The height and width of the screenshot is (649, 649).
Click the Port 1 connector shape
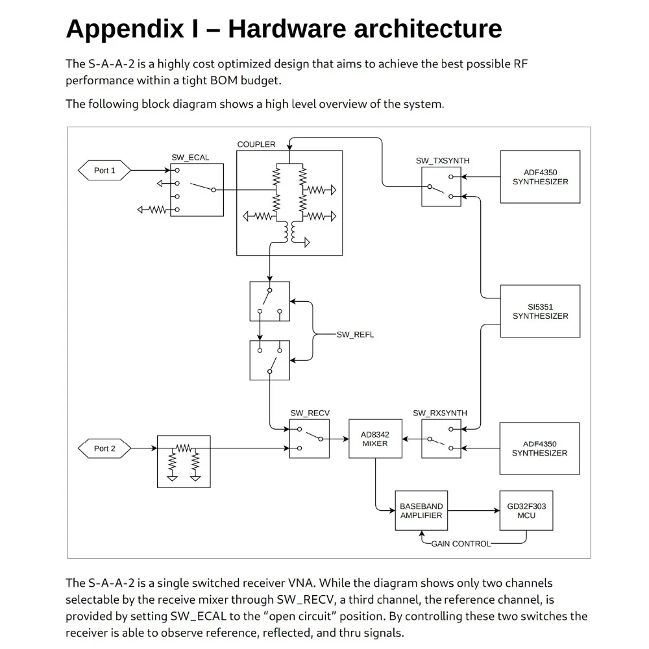click(x=104, y=170)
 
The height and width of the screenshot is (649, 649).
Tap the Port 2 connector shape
click(x=104, y=448)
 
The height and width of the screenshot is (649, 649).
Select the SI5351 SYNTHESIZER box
click(x=540, y=311)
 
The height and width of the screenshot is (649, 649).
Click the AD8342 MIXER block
click(x=375, y=439)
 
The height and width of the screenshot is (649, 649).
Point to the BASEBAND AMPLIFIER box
click(x=421, y=511)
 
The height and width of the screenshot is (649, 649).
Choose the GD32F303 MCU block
click(x=526, y=511)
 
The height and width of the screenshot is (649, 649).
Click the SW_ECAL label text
click(x=190, y=158)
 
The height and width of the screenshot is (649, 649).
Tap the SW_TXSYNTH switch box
click(x=441, y=186)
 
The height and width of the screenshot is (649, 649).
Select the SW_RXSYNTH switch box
click(x=441, y=439)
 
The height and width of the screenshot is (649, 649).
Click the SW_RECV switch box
click(x=310, y=439)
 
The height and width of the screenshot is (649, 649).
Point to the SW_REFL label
click(x=355, y=335)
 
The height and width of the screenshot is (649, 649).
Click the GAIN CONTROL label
click(x=461, y=544)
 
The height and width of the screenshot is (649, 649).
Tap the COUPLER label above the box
click(x=256, y=144)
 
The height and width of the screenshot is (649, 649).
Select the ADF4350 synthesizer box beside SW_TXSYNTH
click(x=540, y=177)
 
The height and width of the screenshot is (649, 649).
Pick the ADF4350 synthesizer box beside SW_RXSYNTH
click(x=539, y=448)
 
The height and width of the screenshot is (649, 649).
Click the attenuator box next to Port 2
click(x=184, y=461)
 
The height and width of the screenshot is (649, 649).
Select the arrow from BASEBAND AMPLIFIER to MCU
click(x=473, y=511)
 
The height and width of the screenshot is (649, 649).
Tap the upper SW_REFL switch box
click(x=270, y=301)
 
